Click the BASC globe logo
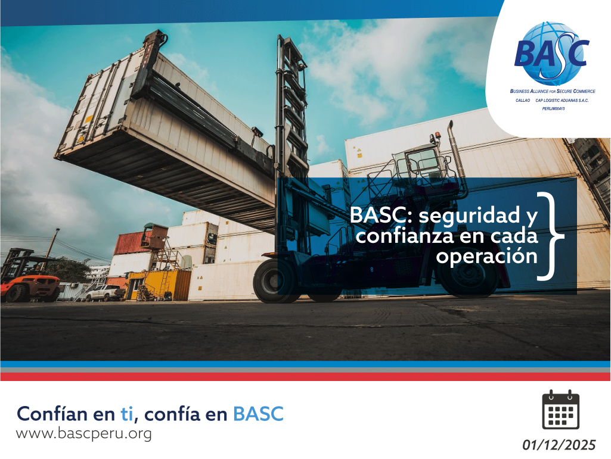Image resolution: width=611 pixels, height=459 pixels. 551,54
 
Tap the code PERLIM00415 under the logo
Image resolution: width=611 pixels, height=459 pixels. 554,109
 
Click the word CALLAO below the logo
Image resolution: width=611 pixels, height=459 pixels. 523,101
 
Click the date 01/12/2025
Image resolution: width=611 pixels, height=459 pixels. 559,445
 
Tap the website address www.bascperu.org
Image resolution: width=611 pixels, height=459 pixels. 84,433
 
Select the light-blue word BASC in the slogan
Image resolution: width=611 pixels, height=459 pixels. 258,413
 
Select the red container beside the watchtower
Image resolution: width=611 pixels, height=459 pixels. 128,243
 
